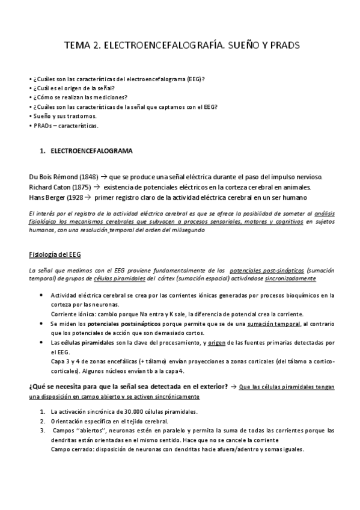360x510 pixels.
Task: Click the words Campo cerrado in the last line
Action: [72, 450]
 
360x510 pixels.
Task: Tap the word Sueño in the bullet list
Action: [42, 115]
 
